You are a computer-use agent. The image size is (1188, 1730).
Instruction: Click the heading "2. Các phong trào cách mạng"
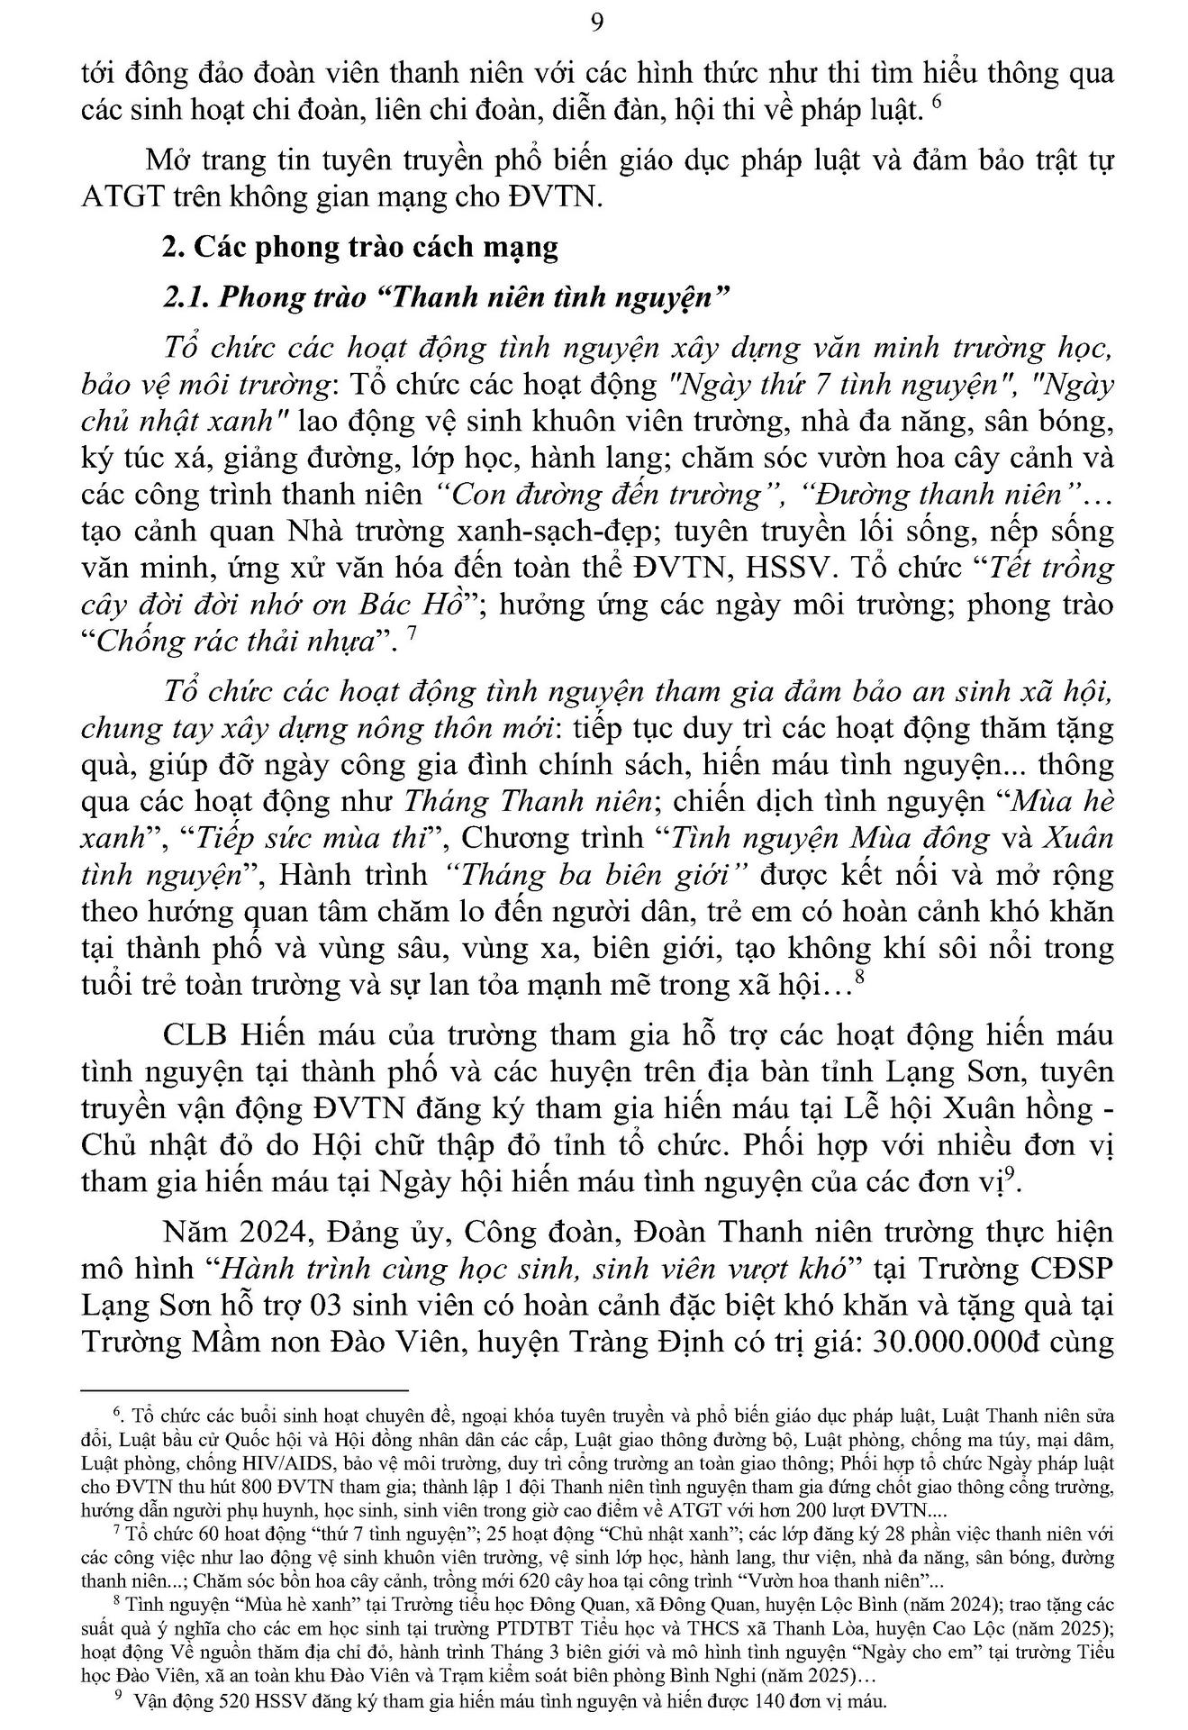(x=360, y=247)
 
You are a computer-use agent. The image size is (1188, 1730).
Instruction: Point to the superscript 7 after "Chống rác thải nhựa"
(x=412, y=633)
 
